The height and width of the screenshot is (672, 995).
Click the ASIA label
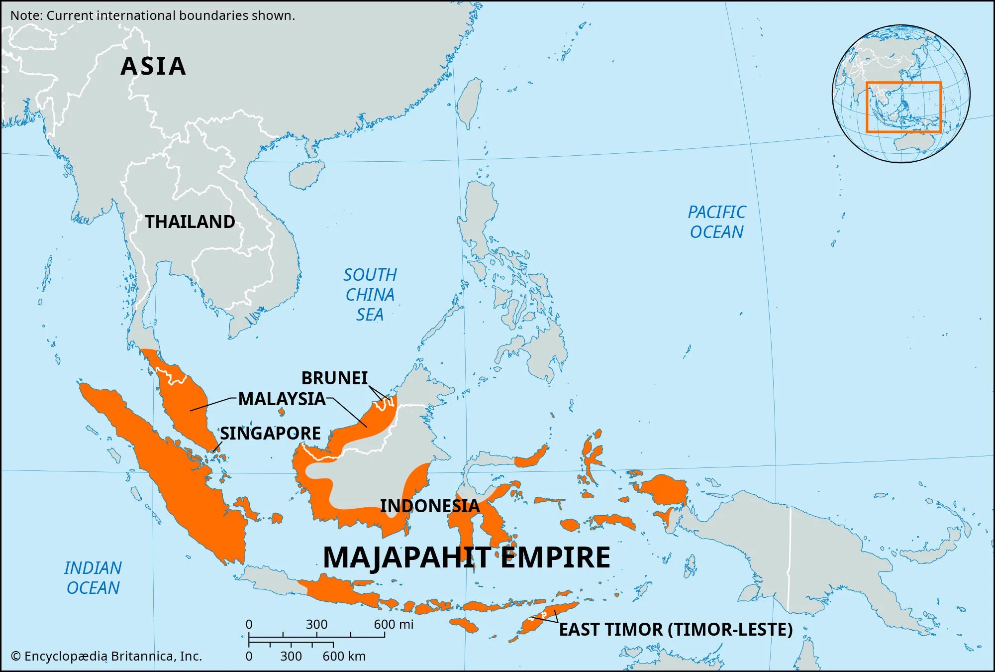coord(153,66)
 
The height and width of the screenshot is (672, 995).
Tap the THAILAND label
coord(190,222)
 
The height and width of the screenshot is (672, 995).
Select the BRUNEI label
coord(334,378)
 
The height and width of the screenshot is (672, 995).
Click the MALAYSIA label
coord(282,399)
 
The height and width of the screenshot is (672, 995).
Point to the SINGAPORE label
coord(270,434)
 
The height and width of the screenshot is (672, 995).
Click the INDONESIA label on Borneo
coord(429,506)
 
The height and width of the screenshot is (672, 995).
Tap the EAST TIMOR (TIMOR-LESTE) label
coord(676,630)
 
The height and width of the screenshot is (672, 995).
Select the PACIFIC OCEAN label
coord(716,222)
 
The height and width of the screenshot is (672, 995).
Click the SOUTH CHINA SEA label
coord(370,295)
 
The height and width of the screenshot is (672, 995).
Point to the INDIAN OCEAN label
coord(93,578)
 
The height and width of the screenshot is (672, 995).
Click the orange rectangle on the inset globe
coord(903,83)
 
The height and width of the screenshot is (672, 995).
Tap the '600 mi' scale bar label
coord(394,625)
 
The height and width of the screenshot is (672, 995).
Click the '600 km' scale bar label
coord(344,657)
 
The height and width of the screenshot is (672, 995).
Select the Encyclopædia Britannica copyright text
coord(106,657)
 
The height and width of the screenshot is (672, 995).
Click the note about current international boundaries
coord(153,15)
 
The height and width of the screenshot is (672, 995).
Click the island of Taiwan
coord(470,102)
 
